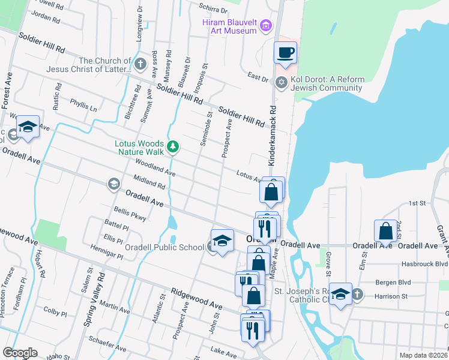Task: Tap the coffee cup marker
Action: point(285,52)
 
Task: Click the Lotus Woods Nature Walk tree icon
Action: point(173,146)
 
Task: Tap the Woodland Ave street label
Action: point(155,167)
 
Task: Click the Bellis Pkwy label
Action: point(130,214)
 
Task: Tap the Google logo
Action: point(19,353)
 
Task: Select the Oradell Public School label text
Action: point(164,247)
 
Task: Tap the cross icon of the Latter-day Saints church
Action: point(140,64)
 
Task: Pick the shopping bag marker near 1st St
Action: point(384,230)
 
